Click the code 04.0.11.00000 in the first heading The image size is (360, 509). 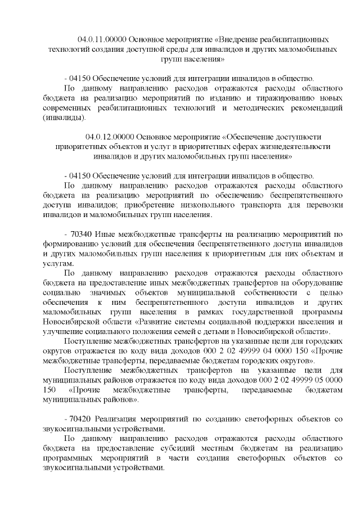(102, 40)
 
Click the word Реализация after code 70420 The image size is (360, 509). (118, 419)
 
